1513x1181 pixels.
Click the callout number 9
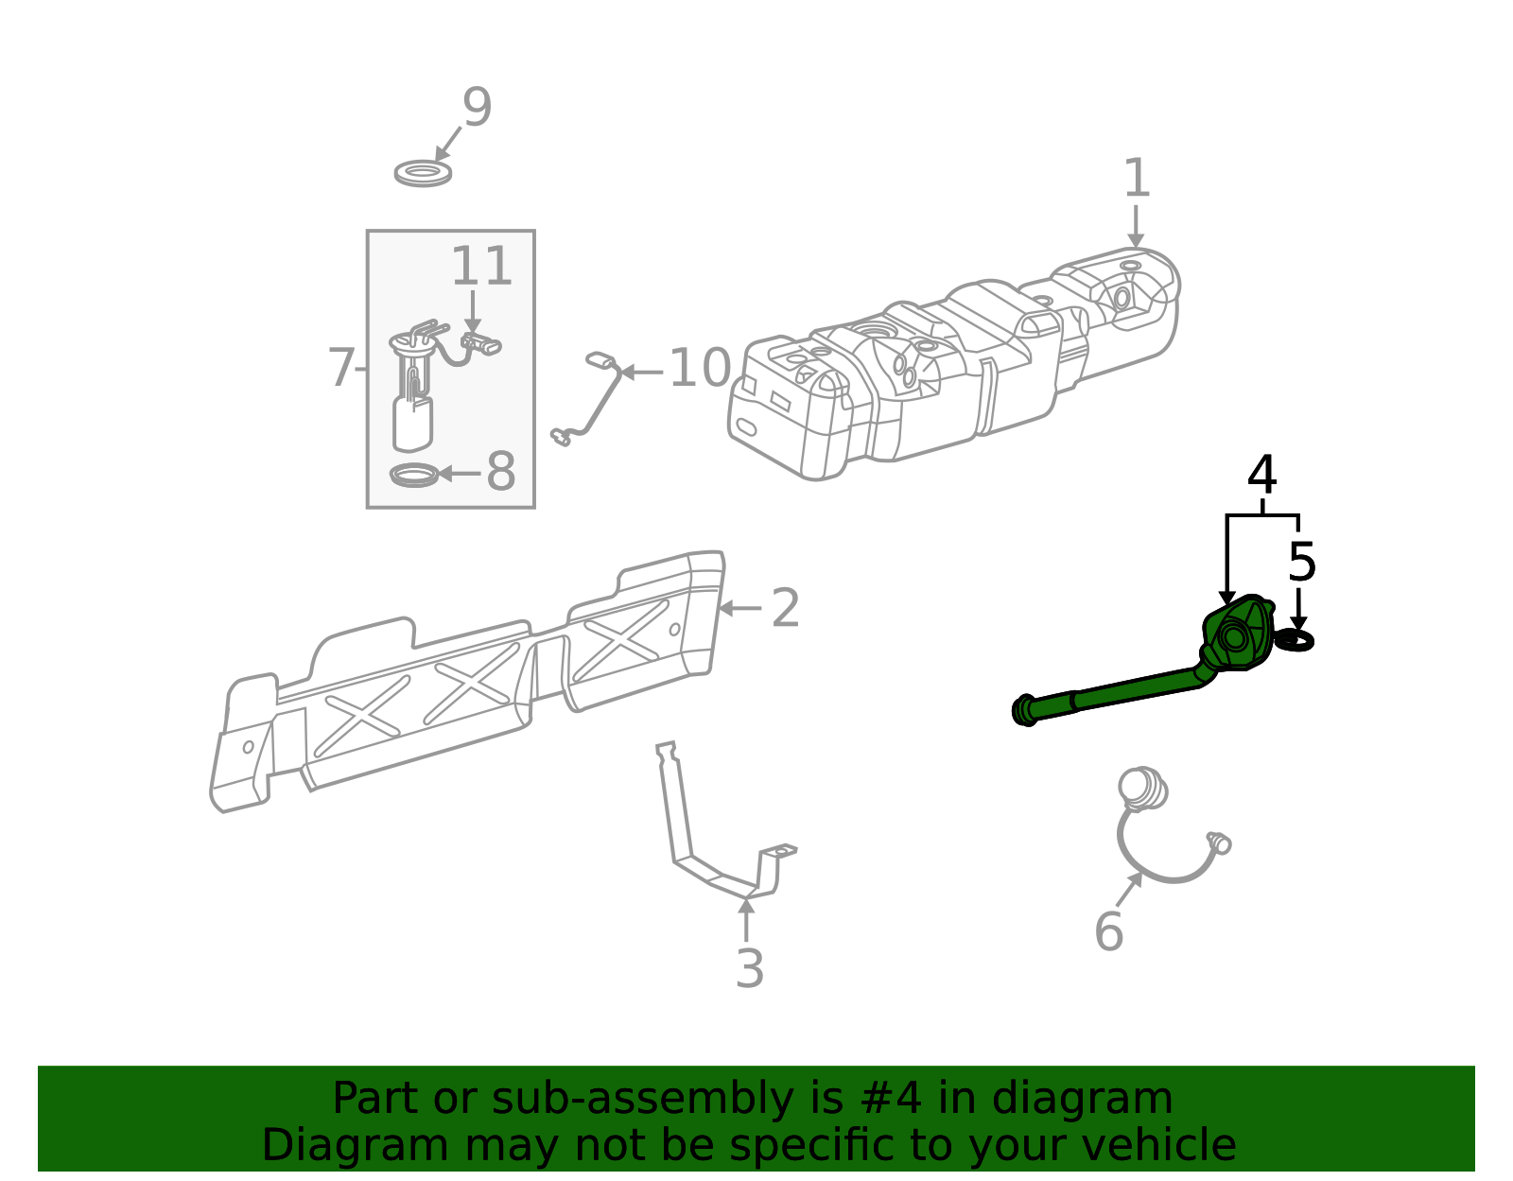click(477, 107)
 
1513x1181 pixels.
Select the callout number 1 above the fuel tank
click(1137, 178)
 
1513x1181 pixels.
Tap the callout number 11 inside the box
click(482, 266)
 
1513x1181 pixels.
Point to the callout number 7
click(341, 368)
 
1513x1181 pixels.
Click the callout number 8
click(500, 471)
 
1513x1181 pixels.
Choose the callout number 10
click(700, 368)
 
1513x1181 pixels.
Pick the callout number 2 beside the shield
click(786, 608)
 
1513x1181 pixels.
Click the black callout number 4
click(1261, 475)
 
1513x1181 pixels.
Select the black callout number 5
click(1302, 562)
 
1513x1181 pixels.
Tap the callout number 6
click(1109, 931)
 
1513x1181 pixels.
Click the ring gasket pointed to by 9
click(423, 173)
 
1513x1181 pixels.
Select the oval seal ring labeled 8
click(414, 476)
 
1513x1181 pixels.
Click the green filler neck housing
click(1237, 634)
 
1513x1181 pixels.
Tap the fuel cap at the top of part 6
click(1142, 790)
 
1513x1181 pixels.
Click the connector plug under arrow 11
click(481, 343)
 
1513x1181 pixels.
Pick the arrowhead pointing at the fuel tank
click(1136, 241)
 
